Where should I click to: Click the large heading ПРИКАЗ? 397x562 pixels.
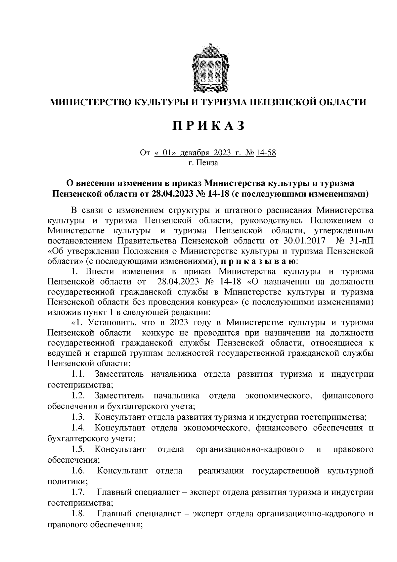(208, 126)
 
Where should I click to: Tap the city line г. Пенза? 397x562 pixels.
(203, 163)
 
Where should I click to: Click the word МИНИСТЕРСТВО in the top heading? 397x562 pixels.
(89, 102)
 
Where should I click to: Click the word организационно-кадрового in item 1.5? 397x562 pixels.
(250, 449)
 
